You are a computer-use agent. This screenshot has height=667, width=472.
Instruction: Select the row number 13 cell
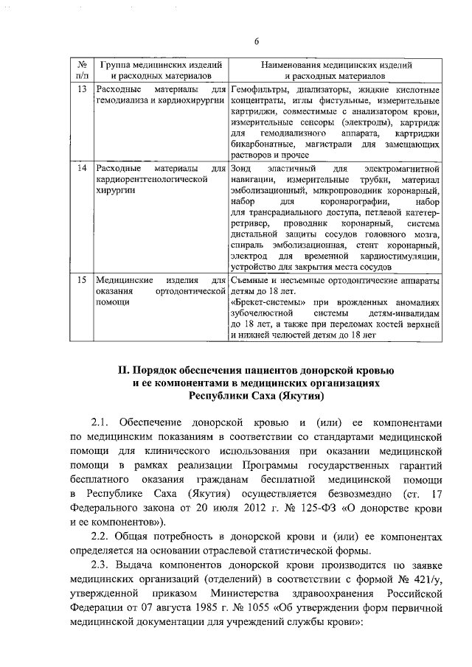coord(83,89)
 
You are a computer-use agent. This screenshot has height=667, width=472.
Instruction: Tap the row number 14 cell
coord(83,169)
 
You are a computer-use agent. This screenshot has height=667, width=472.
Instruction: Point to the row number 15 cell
coord(83,281)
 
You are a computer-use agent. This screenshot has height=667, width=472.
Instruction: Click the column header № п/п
coord(83,70)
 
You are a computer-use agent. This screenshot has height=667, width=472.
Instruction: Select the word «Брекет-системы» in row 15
coord(266,302)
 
